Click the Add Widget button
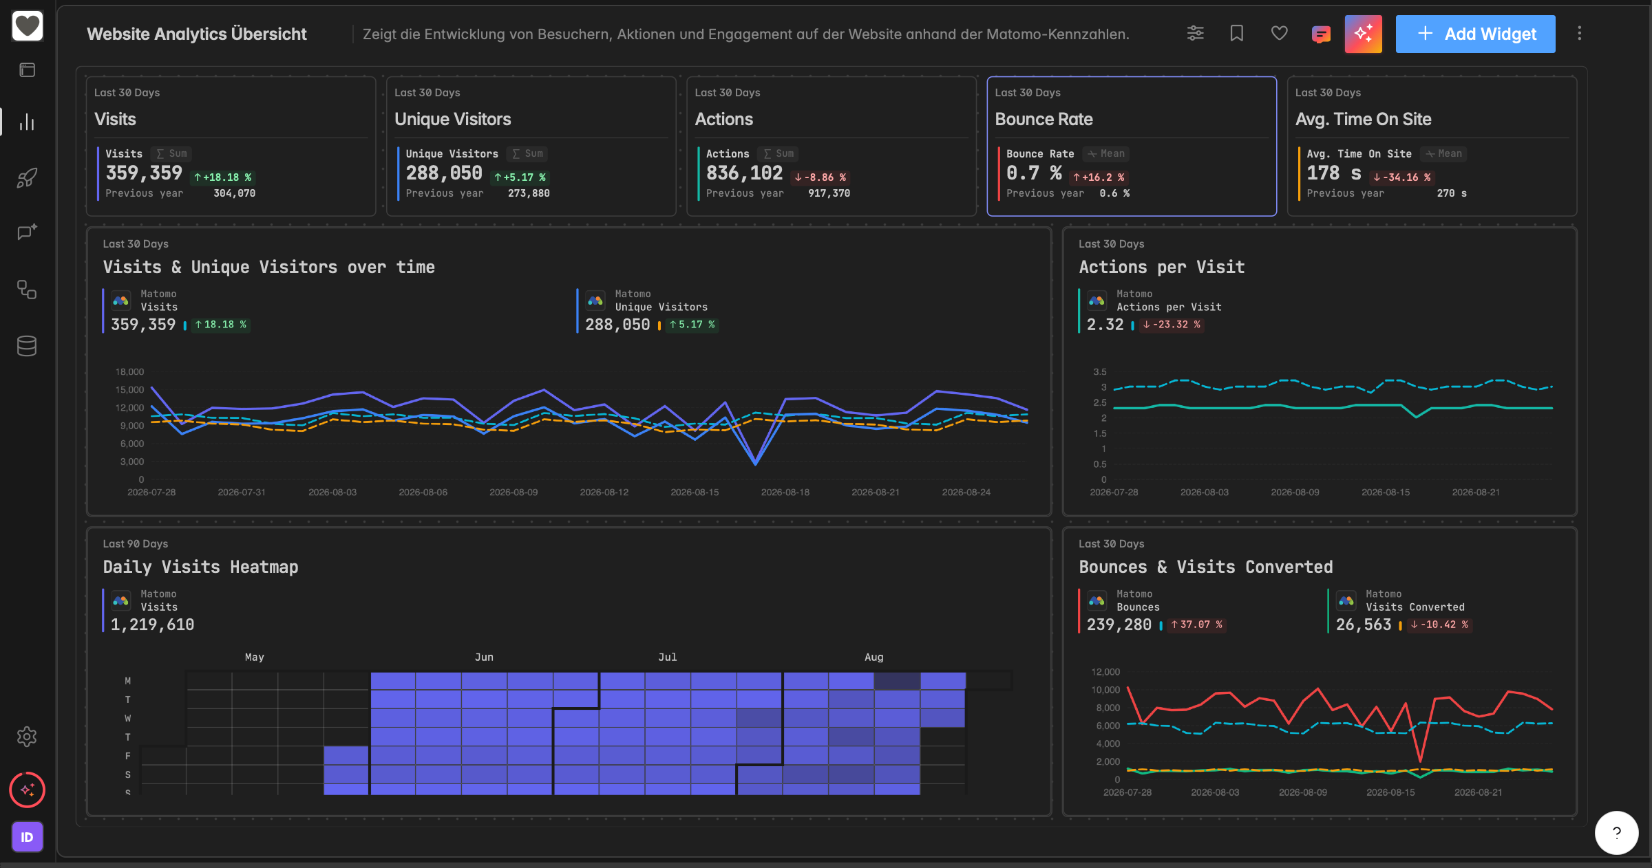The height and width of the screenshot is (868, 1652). tap(1475, 34)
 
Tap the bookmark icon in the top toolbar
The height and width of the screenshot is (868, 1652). tap(1236, 33)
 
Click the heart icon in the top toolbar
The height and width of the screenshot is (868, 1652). tap(1279, 33)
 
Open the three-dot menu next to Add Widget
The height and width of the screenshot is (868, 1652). tap(1579, 33)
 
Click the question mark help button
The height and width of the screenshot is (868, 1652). tap(1616, 832)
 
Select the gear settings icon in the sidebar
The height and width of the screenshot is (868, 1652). tap(27, 737)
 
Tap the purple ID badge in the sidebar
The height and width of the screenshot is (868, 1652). tap(27, 837)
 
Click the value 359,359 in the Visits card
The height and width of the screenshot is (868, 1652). tap(144, 173)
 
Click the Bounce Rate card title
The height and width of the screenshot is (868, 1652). tap(1044, 119)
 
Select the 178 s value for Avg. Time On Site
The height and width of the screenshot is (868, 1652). tap(1333, 173)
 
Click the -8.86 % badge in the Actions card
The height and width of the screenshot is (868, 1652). tap(820, 177)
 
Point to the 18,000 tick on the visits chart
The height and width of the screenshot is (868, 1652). tap(129, 371)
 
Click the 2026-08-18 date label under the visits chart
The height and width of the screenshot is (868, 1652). tap(785, 492)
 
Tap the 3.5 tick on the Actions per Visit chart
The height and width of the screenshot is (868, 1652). tap(1099, 371)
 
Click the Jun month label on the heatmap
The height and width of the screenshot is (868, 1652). tap(484, 657)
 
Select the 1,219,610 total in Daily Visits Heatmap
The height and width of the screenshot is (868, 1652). tap(152, 625)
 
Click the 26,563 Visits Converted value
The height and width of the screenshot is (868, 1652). tap(1364, 625)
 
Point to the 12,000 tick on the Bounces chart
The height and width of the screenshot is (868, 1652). tap(1105, 671)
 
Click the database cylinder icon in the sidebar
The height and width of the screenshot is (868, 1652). tap(27, 346)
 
